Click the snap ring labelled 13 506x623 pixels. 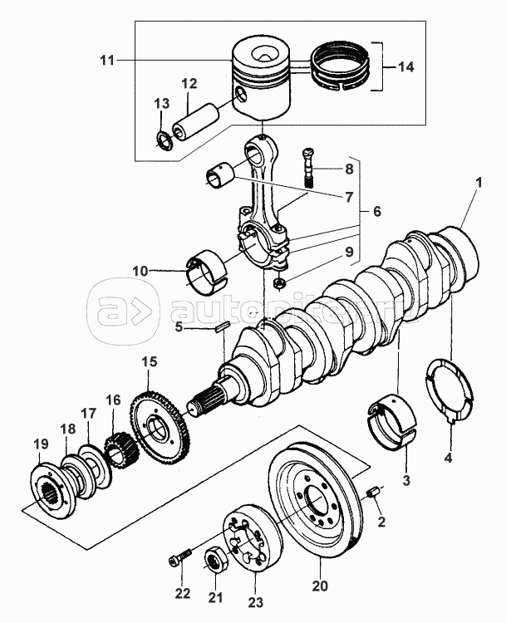coord(165,136)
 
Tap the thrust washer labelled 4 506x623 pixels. coord(450,389)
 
